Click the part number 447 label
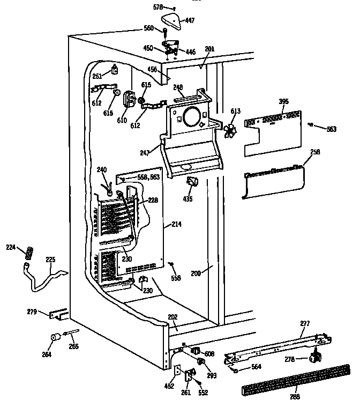[x=190, y=20]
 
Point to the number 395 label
[x=283, y=101]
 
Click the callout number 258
[x=315, y=152]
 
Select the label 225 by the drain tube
[x=50, y=260]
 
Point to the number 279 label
[x=33, y=311]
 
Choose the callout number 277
[x=304, y=323]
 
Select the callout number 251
[x=97, y=76]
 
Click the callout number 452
[x=169, y=385]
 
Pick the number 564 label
[x=256, y=366]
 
